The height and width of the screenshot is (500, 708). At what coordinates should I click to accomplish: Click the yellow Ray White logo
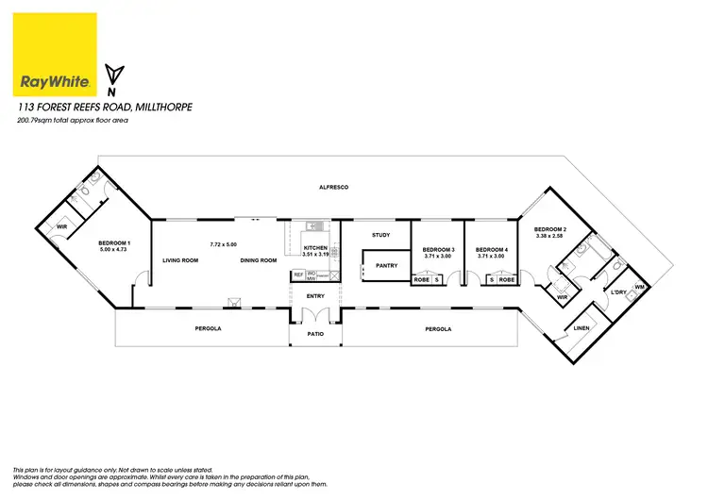pyautogui.click(x=57, y=55)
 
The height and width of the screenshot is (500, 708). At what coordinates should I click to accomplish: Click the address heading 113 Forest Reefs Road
pyautogui.click(x=105, y=108)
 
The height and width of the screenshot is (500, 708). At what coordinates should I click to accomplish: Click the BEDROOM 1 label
pyautogui.click(x=115, y=243)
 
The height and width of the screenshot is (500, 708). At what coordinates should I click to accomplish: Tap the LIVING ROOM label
pyautogui.click(x=179, y=260)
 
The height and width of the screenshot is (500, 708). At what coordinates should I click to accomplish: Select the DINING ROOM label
pyautogui.click(x=258, y=260)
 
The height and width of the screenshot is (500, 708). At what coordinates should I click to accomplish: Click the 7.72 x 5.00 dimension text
pyautogui.click(x=225, y=243)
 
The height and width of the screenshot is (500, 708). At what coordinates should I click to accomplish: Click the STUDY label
pyautogui.click(x=380, y=235)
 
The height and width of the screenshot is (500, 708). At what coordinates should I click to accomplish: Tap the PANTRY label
pyautogui.click(x=387, y=265)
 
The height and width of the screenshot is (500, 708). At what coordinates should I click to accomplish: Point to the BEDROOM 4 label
pyautogui.click(x=492, y=249)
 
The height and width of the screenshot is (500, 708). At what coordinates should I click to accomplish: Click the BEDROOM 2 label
pyautogui.click(x=549, y=229)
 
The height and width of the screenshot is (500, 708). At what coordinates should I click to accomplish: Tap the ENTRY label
pyautogui.click(x=314, y=295)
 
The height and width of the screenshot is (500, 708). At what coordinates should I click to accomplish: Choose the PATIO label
pyautogui.click(x=314, y=333)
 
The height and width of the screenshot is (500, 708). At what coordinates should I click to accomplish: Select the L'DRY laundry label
pyautogui.click(x=620, y=293)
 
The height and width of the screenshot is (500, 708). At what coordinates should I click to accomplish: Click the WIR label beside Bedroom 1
pyautogui.click(x=62, y=227)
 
